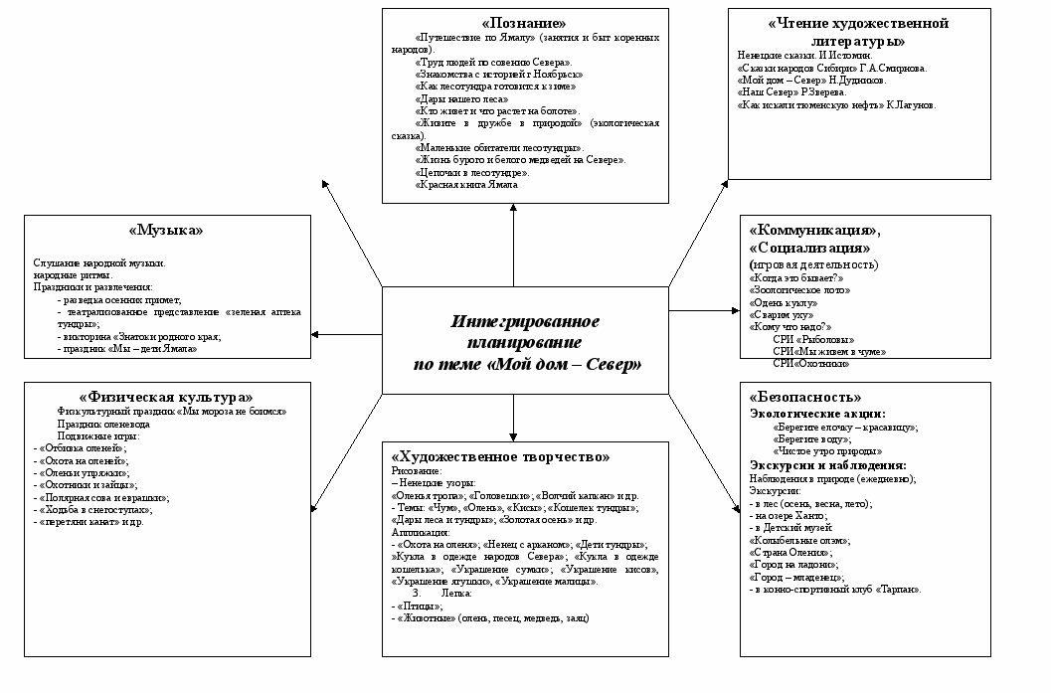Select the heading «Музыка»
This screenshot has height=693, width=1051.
click(166, 230)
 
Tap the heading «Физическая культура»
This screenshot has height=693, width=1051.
click(165, 397)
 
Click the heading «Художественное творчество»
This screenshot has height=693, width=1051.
click(500, 456)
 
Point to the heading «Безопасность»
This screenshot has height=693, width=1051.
click(803, 397)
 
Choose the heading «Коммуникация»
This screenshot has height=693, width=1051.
click(813, 230)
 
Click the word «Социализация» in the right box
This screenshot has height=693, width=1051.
click(809, 247)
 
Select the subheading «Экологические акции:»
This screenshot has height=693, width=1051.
click(816, 414)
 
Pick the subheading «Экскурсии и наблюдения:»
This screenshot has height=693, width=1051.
click(826, 464)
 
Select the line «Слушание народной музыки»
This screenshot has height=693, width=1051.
click(99, 262)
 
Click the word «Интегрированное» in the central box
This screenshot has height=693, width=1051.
click(524, 322)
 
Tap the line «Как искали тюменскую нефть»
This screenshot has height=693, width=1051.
click(836, 104)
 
